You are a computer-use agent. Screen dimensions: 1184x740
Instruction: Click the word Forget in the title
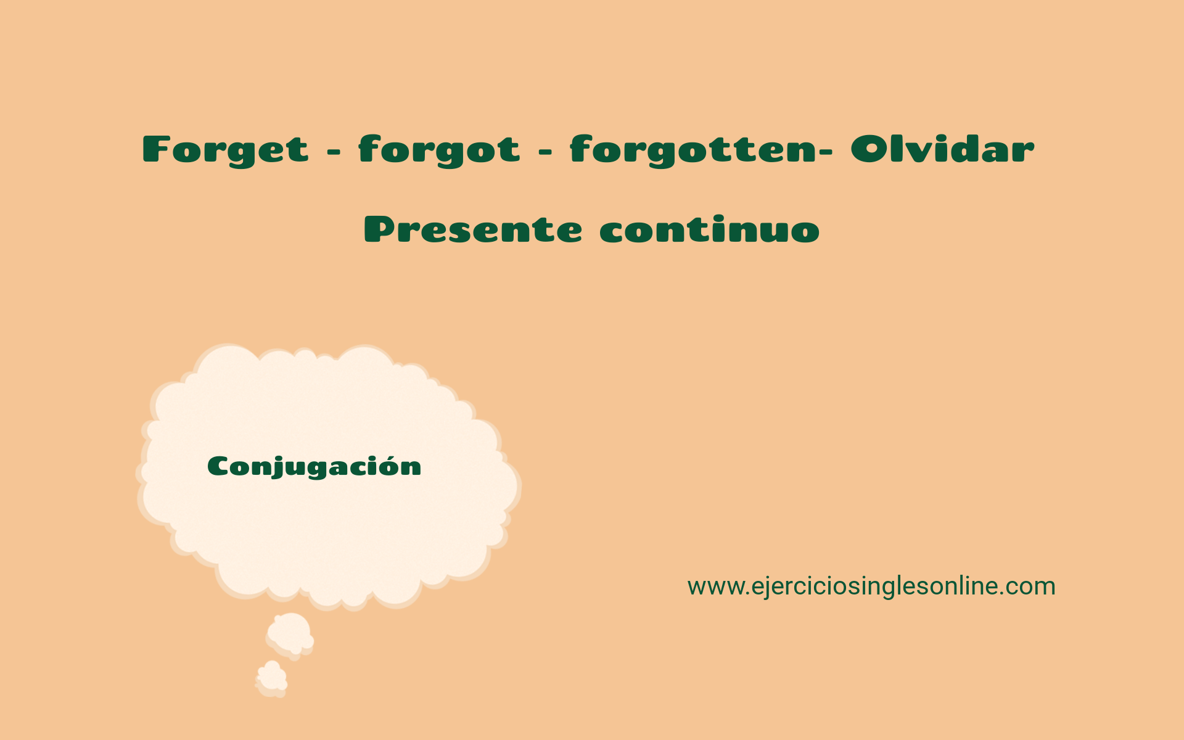(x=225, y=150)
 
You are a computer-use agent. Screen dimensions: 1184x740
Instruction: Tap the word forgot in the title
(x=440, y=150)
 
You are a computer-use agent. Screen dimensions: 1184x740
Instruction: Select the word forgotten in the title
(x=693, y=150)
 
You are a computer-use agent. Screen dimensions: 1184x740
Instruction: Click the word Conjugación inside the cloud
(x=314, y=467)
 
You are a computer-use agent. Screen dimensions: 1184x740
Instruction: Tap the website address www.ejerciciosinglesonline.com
(x=871, y=586)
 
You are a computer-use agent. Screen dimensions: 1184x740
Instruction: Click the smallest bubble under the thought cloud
(x=271, y=678)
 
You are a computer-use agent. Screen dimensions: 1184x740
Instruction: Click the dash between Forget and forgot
(x=334, y=152)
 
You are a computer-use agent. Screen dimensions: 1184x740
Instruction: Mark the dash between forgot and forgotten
(x=545, y=152)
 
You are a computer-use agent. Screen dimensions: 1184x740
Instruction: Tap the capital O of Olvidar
(x=869, y=149)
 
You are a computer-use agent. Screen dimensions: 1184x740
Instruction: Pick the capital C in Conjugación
(x=220, y=467)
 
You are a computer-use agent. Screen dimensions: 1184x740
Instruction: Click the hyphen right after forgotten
(x=827, y=152)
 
